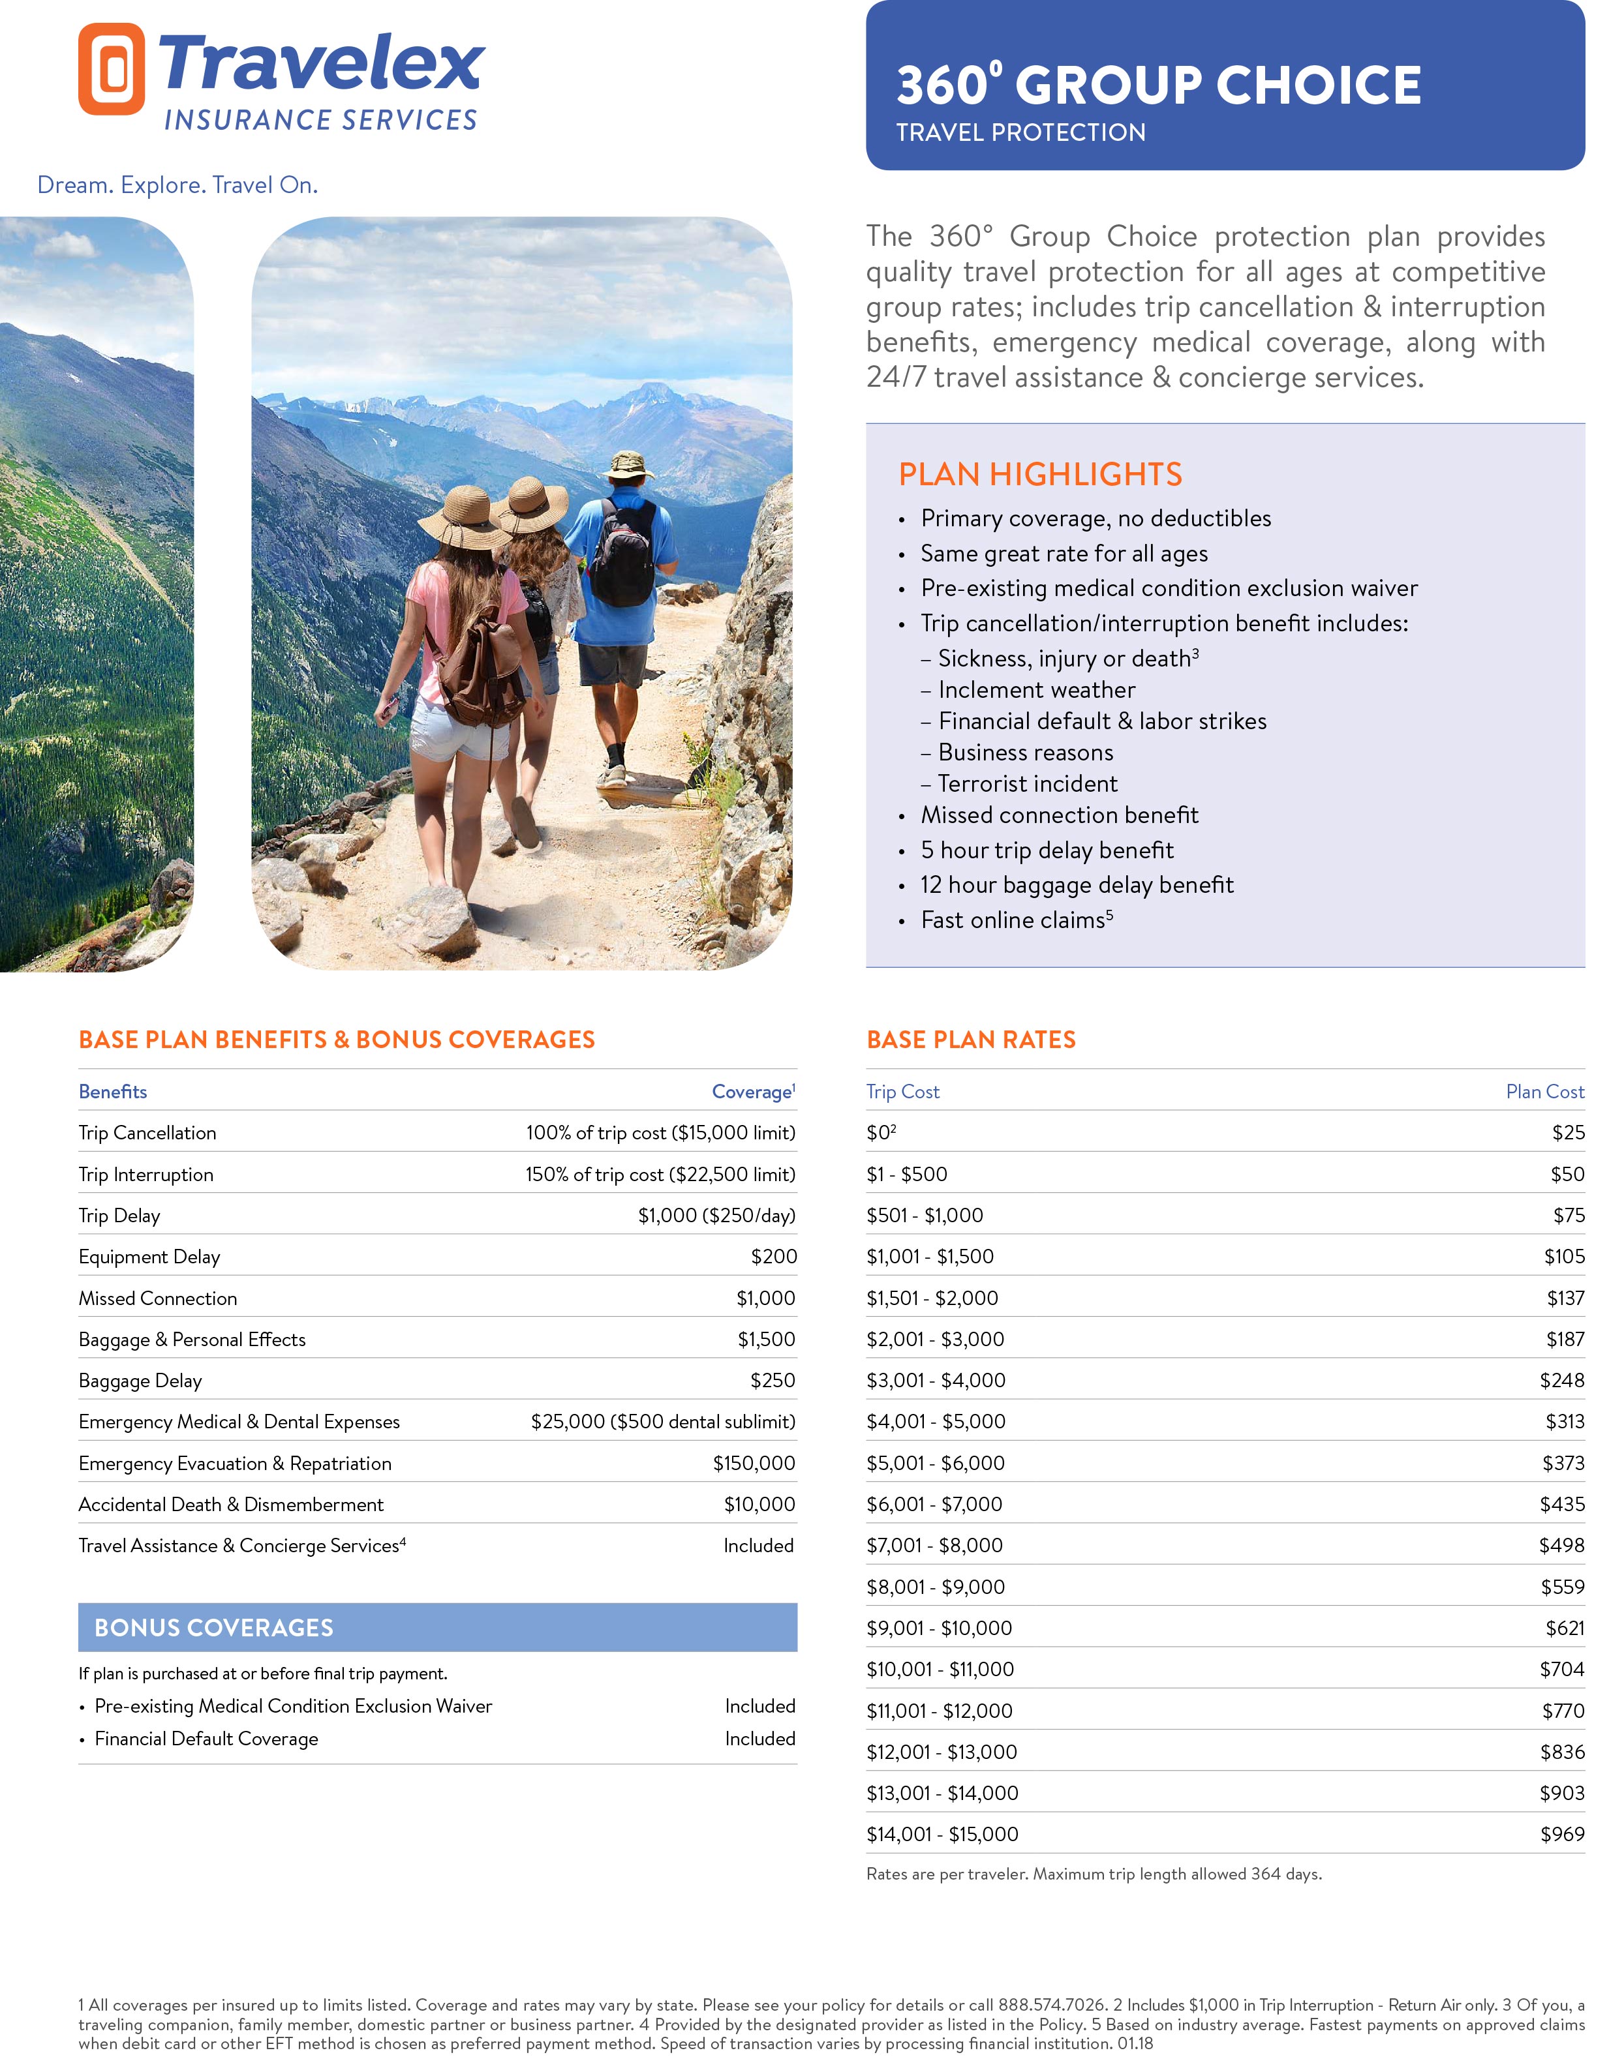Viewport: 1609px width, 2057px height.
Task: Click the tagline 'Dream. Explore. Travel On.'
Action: click(x=177, y=185)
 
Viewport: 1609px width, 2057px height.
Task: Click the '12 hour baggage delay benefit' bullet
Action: click(x=1077, y=884)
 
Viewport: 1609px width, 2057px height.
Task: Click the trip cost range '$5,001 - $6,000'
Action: click(x=934, y=1463)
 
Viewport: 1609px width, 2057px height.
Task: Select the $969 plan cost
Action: click(x=1562, y=1834)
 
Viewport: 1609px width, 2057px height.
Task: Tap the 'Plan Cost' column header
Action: click(x=1544, y=1092)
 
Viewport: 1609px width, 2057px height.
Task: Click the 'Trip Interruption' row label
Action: click(x=146, y=1175)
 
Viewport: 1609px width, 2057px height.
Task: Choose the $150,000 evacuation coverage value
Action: click(x=754, y=1463)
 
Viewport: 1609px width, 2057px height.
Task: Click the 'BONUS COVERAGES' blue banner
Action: click(x=437, y=1627)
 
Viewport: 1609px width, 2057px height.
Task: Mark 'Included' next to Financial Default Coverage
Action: click(x=759, y=1739)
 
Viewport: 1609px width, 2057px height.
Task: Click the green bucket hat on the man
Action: click(x=628, y=464)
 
